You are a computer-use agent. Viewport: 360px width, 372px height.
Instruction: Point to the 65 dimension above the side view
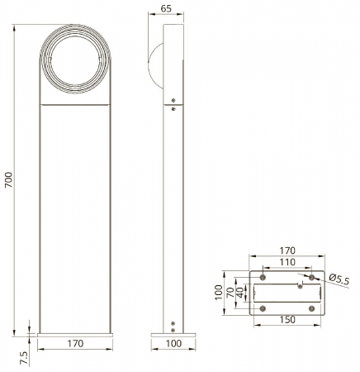165,9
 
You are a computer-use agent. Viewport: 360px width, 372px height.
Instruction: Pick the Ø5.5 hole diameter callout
339,281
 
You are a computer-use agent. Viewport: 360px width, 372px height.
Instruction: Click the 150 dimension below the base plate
287,319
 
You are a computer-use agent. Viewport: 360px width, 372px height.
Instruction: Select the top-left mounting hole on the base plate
263,275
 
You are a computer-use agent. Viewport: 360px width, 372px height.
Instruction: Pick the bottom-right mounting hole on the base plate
311,308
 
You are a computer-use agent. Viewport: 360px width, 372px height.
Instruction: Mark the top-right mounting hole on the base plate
311,275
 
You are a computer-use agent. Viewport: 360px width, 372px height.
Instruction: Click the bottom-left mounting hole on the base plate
263,308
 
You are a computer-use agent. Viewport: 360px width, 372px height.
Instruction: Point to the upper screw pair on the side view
173,104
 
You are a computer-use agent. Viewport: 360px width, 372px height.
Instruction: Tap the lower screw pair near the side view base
173,325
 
